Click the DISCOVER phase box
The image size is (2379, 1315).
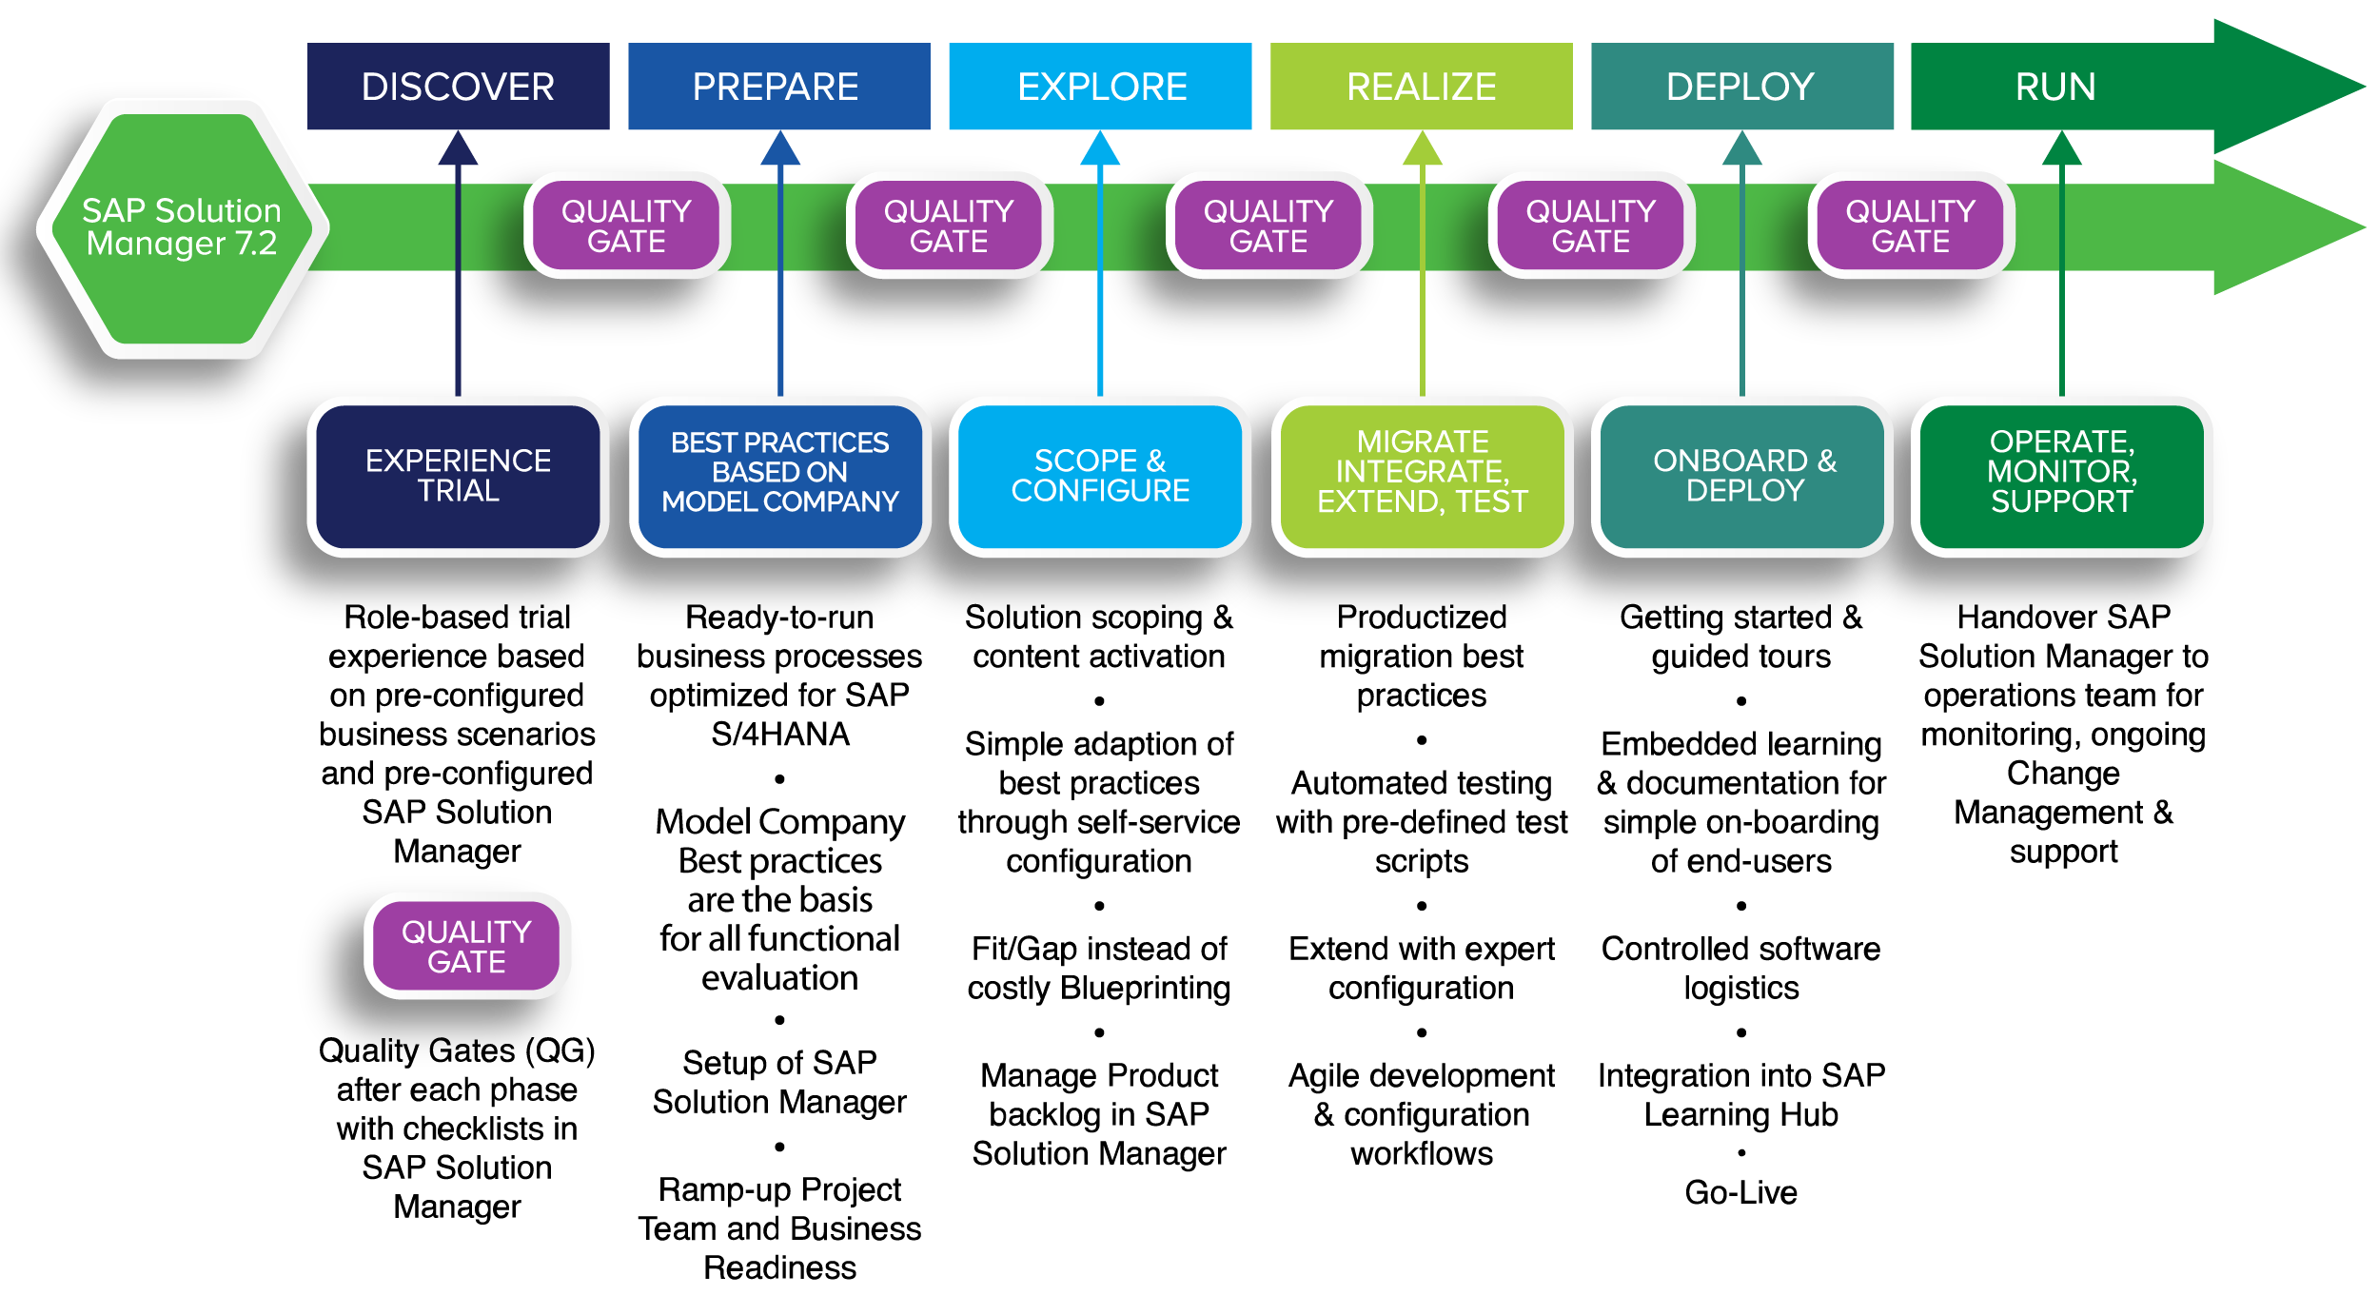pos(458,87)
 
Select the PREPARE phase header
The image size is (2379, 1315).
pos(778,87)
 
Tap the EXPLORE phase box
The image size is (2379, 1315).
pos(1100,87)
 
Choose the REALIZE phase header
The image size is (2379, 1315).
pos(1421,87)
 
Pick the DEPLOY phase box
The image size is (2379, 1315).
pos(1741,87)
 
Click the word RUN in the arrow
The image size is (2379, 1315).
pos(2055,87)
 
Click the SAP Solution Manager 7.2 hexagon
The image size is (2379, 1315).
pos(182,227)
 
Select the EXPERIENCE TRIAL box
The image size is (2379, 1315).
pos(458,476)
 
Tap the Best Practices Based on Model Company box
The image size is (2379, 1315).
pos(779,476)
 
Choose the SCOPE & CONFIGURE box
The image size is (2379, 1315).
pos(1100,476)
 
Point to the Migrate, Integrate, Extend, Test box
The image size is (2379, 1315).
pos(1422,476)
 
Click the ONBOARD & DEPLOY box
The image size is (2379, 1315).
pos(1742,476)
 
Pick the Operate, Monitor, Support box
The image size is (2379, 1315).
pos(2061,476)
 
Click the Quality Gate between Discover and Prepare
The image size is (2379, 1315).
pos(626,226)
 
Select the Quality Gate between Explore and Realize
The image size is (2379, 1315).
pos(1268,226)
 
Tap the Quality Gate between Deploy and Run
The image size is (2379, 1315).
pos(1911,226)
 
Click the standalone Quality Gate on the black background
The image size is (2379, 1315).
pos(467,946)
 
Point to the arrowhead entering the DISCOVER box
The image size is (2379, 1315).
pos(458,150)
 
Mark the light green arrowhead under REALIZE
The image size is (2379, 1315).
pos(1423,150)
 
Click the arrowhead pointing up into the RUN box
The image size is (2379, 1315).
pos(2062,150)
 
